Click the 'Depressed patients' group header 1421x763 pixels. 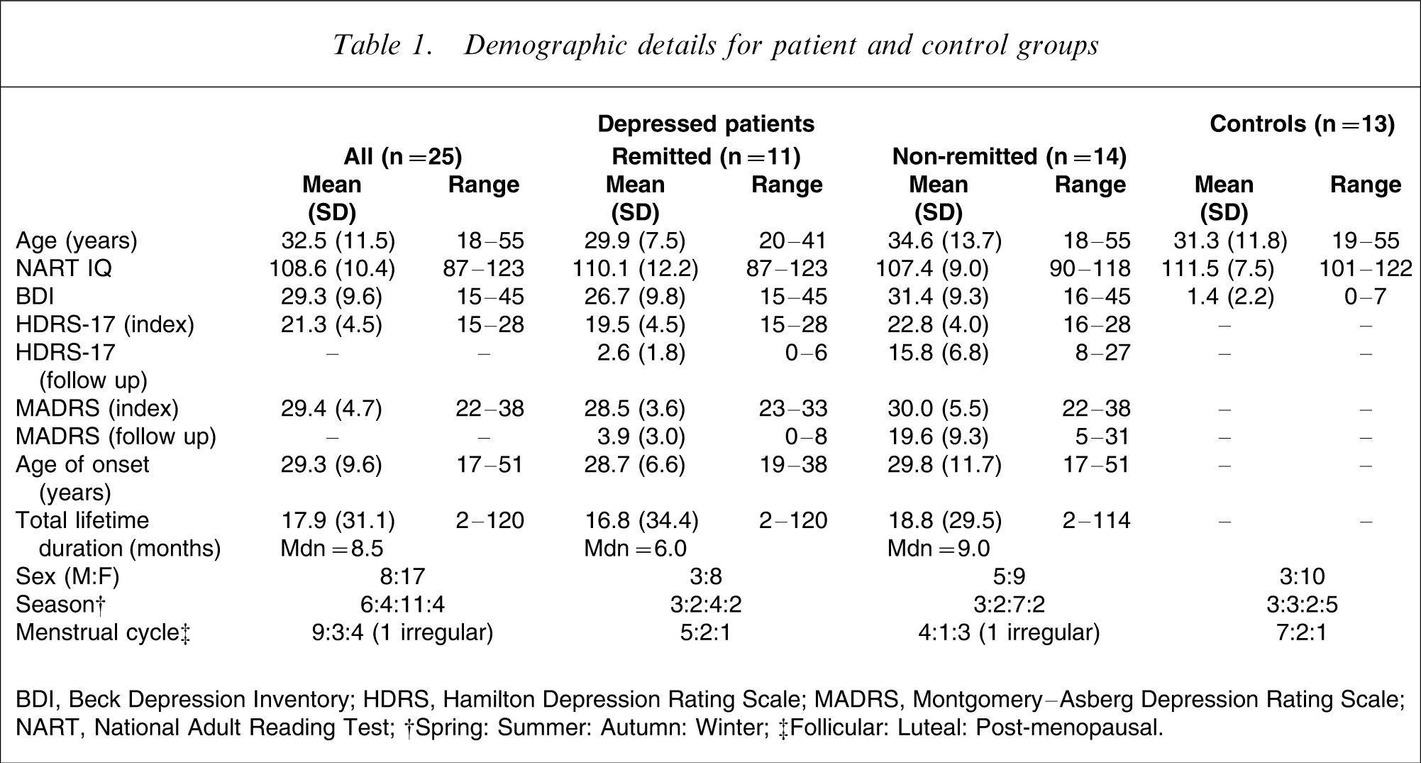coord(706,124)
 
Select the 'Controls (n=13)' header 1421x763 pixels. coord(1303,124)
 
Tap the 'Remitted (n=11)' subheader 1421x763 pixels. coord(706,156)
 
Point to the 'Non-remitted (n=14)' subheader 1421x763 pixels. coord(1010,156)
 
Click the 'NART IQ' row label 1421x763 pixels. coord(64,268)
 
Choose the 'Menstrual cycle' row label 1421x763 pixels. coord(104,632)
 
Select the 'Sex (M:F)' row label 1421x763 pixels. coord(67,576)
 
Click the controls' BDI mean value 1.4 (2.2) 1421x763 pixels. coord(1230,297)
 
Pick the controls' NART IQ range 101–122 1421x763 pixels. coord(1366,268)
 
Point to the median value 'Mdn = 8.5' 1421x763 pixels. coord(332,549)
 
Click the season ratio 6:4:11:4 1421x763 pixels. coord(403,605)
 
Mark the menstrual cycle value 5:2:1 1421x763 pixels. coord(706,632)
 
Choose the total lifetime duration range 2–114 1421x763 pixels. coord(1097,521)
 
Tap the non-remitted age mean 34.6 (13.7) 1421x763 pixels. coord(945,241)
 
